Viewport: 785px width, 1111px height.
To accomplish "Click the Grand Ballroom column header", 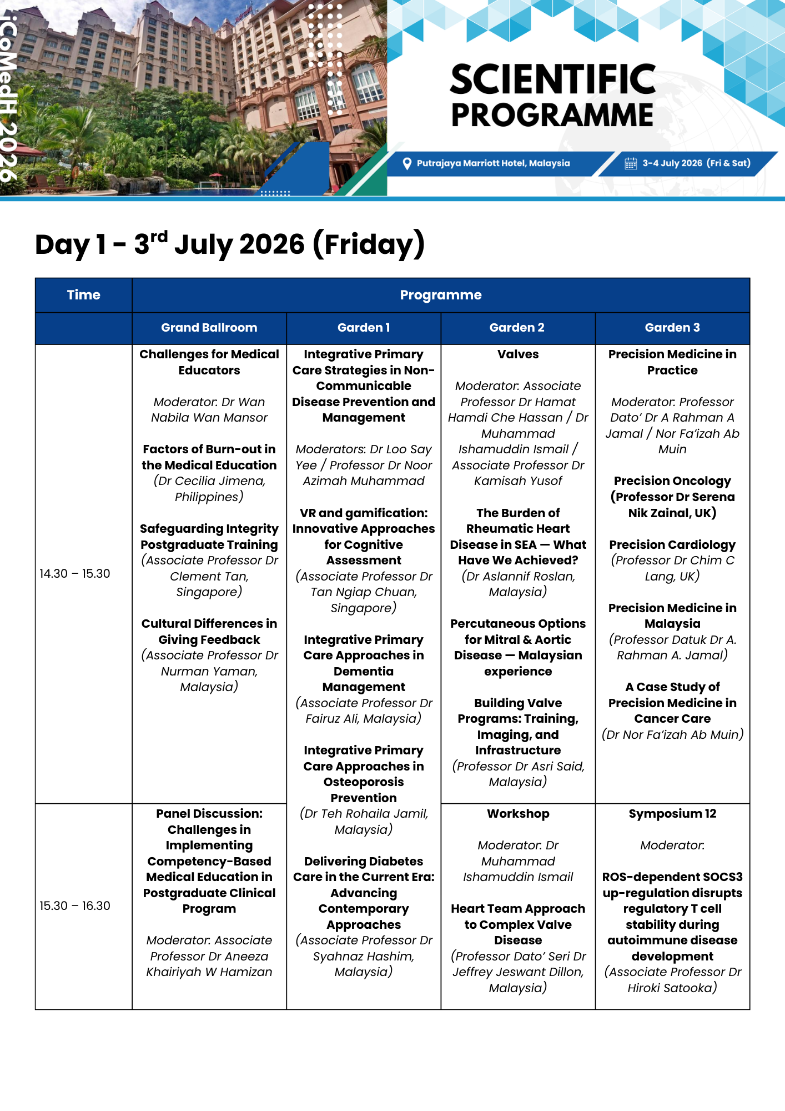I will click(209, 328).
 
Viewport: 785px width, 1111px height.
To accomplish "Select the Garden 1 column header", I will click(364, 328).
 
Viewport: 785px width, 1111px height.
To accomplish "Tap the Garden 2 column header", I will click(517, 328).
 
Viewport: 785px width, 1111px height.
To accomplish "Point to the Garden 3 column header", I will click(672, 328).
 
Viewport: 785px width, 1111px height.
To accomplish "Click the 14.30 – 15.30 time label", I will click(75, 574).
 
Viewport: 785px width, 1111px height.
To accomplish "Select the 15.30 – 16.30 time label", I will click(75, 906).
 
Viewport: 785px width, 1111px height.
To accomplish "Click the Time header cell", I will click(84, 295).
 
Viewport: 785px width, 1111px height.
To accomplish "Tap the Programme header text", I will click(441, 295).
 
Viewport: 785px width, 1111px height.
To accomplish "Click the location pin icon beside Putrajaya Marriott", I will click(407, 163).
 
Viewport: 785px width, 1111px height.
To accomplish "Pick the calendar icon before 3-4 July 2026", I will click(631, 163).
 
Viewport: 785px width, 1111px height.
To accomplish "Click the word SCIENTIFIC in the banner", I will click(553, 79).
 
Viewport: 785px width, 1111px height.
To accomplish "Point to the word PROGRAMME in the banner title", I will click(552, 116).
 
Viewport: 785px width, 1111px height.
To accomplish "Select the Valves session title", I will click(518, 354).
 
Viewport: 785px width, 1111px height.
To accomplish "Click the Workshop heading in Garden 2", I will click(518, 814).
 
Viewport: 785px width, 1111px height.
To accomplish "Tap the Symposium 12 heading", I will click(672, 814).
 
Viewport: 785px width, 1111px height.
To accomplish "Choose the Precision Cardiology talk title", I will click(672, 545).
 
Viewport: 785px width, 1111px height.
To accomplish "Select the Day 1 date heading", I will click(230, 244).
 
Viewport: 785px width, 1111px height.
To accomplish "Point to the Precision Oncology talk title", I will click(672, 481).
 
